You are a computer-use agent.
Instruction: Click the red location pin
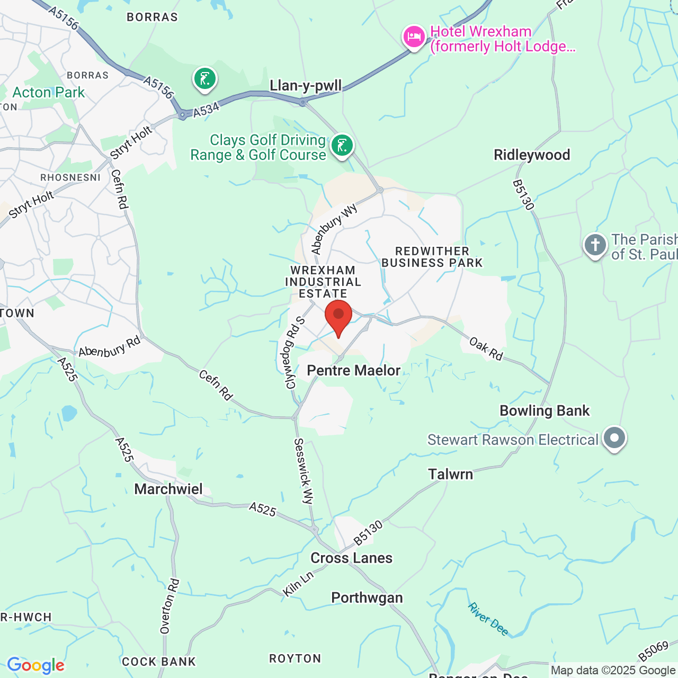coord(338,316)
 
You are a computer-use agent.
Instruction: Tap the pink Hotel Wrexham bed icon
coord(414,37)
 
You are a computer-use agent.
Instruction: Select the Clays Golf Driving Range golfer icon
coord(342,145)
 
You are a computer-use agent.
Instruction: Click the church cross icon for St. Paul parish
coord(595,245)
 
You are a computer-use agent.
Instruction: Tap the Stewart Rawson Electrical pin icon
coord(614,439)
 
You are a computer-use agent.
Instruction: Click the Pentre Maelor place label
coord(353,370)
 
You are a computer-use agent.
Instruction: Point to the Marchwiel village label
coord(168,489)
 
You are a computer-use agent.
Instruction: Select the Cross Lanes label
coord(351,558)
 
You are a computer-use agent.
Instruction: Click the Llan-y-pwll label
coord(306,86)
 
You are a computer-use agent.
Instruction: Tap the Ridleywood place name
coord(532,155)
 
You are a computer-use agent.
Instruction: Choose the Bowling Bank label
coord(545,411)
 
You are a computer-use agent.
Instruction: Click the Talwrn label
coord(450,474)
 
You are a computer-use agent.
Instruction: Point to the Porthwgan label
coord(367,597)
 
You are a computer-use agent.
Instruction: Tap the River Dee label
coord(488,619)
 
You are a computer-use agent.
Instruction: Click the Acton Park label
coord(48,92)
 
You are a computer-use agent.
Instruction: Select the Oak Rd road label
coord(486,350)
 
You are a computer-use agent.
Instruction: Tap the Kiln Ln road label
coord(298,584)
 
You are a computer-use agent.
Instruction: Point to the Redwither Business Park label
coord(432,257)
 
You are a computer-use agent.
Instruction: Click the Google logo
coord(35,665)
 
